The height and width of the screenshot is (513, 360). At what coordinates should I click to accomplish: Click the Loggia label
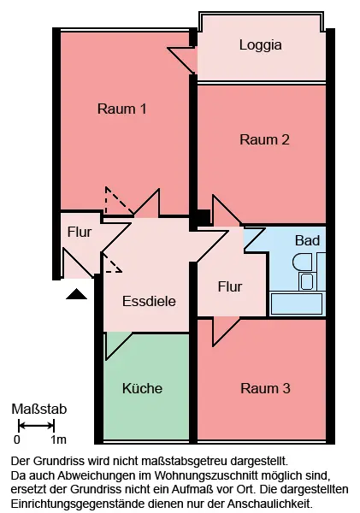pyautogui.click(x=261, y=45)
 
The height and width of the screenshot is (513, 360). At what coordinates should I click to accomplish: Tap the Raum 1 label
pyautogui.click(x=121, y=109)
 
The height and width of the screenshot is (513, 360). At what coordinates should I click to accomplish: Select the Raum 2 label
pyautogui.click(x=264, y=139)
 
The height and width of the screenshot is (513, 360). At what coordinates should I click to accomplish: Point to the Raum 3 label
pyautogui.click(x=265, y=388)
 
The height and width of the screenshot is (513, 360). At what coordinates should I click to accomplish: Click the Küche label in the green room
pyautogui.click(x=142, y=388)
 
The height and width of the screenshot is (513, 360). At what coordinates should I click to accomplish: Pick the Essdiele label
pyautogui.click(x=149, y=301)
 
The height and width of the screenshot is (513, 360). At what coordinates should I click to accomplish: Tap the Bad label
pyautogui.click(x=307, y=240)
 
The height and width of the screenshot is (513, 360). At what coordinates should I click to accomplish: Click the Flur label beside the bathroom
pyautogui.click(x=230, y=286)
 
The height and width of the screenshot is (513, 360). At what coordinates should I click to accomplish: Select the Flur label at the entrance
pyautogui.click(x=80, y=232)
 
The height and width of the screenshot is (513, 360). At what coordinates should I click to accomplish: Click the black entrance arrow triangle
pyautogui.click(x=77, y=294)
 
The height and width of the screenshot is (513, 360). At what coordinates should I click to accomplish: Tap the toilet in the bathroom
pyautogui.click(x=304, y=262)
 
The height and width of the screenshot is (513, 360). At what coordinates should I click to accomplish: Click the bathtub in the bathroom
pyautogui.click(x=297, y=304)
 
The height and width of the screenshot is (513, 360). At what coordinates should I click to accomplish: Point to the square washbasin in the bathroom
pyautogui.click(x=307, y=281)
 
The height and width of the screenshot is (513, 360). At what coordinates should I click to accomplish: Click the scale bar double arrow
pyautogui.click(x=36, y=426)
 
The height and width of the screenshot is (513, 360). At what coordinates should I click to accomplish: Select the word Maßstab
pyautogui.click(x=39, y=409)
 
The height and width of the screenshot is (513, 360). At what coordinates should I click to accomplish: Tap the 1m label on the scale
pyautogui.click(x=59, y=439)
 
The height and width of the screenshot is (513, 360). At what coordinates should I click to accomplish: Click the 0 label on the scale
pyautogui.click(x=17, y=439)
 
